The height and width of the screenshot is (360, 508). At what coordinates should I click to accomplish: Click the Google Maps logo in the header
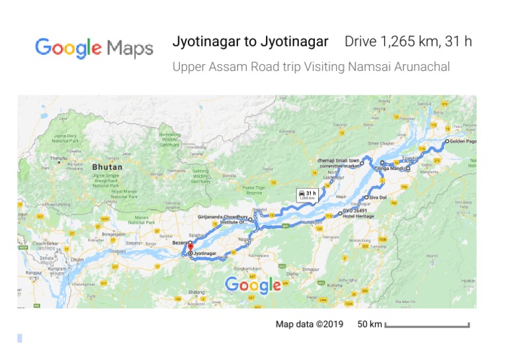94,48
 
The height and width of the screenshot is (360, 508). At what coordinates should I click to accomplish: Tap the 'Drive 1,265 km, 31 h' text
408,42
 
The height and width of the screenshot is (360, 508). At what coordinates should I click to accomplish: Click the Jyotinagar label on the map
206,253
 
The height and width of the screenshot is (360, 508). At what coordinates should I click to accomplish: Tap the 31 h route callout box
308,195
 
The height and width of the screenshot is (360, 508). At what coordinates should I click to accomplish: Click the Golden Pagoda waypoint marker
446,142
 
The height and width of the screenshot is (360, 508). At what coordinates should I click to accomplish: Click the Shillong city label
197,291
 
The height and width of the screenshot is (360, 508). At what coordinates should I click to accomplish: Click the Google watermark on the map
253,285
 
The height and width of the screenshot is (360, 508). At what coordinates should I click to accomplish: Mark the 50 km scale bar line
427,326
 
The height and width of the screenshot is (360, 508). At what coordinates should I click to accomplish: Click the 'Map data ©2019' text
310,324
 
